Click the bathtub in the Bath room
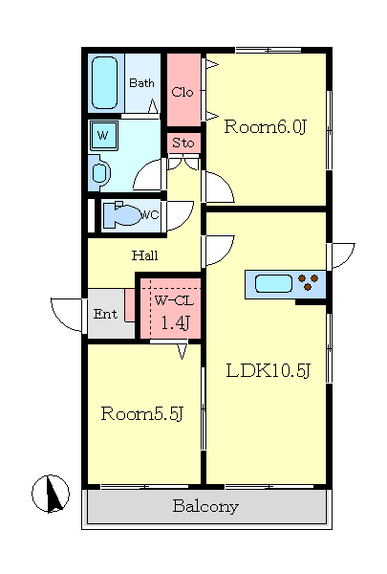click(104, 82)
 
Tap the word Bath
click(141, 82)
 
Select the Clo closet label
click(183, 92)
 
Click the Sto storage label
click(183, 143)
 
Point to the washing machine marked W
click(103, 136)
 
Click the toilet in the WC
click(120, 215)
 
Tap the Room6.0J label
click(265, 127)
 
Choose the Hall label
click(145, 255)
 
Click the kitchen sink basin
click(273, 284)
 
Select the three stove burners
click(308, 282)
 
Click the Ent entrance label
click(105, 314)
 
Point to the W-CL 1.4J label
click(174, 312)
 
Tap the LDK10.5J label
click(269, 371)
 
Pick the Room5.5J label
click(141, 414)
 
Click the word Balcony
click(205, 507)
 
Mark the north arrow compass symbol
click(51, 493)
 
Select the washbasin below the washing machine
click(99, 173)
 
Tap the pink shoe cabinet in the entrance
click(130, 305)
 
